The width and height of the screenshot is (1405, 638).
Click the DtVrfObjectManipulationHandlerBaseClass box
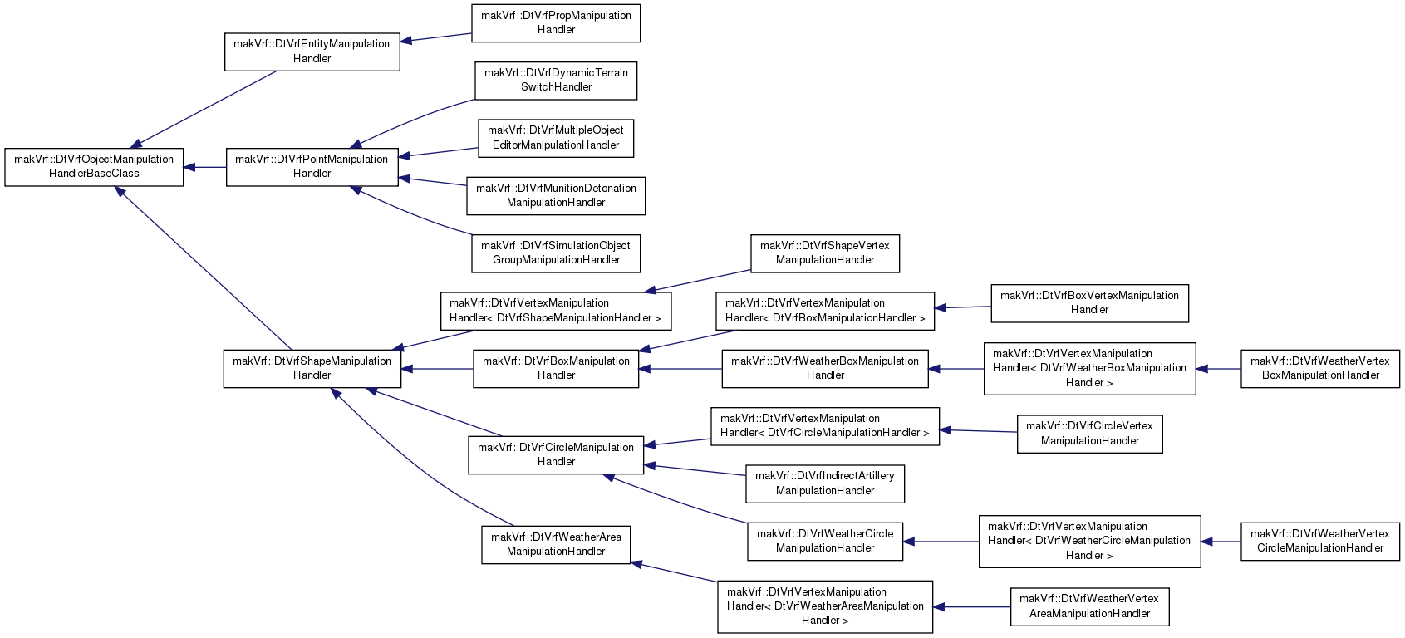coord(94,167)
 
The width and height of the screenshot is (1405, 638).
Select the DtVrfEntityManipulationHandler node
coord(312,52)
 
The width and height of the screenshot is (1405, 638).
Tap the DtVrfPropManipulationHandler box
coord(556,23)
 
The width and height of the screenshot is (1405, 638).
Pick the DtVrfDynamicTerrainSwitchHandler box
coord(556,81)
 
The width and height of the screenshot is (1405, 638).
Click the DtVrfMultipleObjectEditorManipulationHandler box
coord(556,138)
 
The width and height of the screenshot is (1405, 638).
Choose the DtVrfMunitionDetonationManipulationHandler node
coord(556,196)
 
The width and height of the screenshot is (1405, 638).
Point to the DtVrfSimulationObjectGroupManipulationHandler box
coord(556,253)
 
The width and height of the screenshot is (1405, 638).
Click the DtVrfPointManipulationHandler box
coord(312,167)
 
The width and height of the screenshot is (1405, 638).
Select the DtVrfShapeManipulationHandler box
coord(312,368)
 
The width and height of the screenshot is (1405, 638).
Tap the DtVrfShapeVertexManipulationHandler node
coord(825,253)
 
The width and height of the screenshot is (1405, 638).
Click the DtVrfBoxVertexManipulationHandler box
coord(1089,303)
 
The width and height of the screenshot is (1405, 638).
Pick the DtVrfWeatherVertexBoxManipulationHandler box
coord(1319,368)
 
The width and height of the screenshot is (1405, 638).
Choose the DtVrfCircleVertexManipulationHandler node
coord(1089,434)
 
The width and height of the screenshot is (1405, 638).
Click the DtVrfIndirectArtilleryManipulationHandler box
coord(825,483)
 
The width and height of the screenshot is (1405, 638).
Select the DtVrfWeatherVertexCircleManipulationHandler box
coord(1319,542)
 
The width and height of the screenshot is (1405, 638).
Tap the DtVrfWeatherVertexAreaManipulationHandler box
coord(1089,606)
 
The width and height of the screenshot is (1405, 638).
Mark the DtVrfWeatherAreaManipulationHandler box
coord(556,544)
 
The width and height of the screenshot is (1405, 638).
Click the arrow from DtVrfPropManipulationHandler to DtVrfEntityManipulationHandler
coord(436,37)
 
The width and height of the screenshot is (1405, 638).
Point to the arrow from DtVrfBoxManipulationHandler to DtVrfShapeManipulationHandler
coord(437,369)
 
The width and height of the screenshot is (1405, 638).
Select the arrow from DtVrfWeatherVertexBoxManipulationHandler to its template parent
coord(1218,369)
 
